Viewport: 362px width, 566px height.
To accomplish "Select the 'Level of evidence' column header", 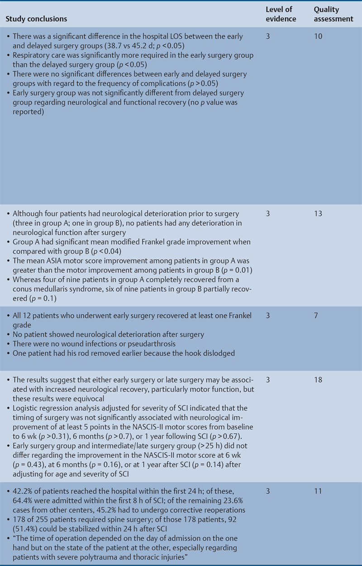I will coord(281,14).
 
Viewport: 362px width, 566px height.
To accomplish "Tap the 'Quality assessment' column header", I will coord(333,14).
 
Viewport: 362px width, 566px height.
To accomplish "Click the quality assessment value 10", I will coord(318,36).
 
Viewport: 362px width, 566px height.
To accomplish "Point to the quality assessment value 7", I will coord(316,314).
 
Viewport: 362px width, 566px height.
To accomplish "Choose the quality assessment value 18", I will coord(318,380).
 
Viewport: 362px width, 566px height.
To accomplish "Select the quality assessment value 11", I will coord(318,490).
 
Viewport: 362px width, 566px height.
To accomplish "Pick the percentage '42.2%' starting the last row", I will coord(22,490).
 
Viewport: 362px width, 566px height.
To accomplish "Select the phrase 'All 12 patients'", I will coord(37,314).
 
